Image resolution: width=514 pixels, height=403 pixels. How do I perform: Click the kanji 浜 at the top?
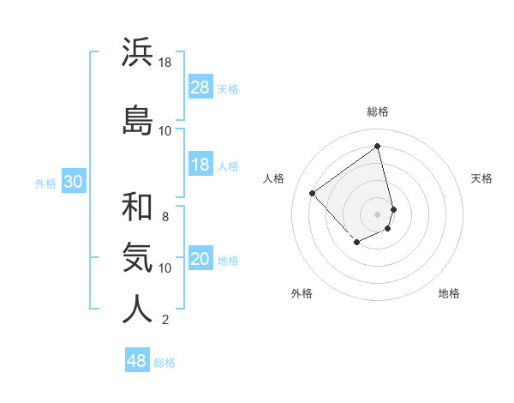click(137, 52)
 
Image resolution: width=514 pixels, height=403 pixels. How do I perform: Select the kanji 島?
click(137, 120)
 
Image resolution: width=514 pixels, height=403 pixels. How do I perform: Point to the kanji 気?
click(137, 257)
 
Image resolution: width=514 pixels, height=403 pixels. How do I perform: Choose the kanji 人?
click(137, 310)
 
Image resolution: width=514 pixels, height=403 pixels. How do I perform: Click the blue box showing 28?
click(200, 87)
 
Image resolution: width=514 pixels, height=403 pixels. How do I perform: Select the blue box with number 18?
click(200, 165)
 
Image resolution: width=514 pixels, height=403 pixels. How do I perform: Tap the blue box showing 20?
click(200, 260)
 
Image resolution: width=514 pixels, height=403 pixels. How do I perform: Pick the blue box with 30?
click(73, 183)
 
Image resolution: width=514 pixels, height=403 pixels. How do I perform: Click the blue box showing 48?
click(137, 361)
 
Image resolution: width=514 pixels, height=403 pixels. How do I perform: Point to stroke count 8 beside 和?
click(165, 216)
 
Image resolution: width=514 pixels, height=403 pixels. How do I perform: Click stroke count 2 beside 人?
click(165, 320)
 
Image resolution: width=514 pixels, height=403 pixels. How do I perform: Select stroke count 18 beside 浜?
click(165, 63)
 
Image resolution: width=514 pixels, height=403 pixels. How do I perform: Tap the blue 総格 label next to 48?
click(164, 363)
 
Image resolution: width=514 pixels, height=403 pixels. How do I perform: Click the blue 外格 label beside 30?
click(45, 183)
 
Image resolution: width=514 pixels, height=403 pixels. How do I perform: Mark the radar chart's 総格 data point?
click(377, 146)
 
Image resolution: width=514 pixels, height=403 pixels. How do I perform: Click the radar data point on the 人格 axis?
click(313, 194)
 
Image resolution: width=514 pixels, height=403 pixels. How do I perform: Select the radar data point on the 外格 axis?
click(356, 244)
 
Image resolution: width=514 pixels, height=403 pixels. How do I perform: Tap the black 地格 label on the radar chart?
click(449, 293)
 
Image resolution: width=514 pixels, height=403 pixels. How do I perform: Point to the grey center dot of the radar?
click(377, 214)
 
